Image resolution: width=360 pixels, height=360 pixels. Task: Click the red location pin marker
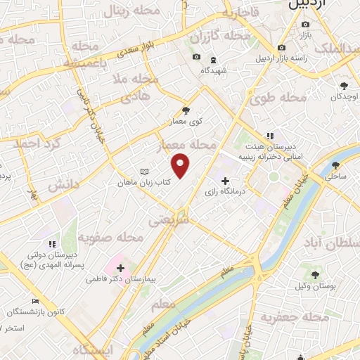pos(181,165)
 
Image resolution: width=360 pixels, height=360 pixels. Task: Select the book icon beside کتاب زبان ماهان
pos(144,172)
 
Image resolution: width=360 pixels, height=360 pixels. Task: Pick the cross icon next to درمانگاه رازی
pos(224,181)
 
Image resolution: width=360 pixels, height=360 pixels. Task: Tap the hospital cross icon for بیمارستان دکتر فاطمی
pos(120,268)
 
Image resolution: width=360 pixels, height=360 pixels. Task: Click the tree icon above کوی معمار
pos(186,110)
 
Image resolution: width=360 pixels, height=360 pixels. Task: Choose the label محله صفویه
pos(110,238)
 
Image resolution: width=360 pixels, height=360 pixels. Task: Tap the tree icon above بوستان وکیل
pos(314,275)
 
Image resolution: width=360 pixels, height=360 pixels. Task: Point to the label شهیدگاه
pos(213,70)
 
